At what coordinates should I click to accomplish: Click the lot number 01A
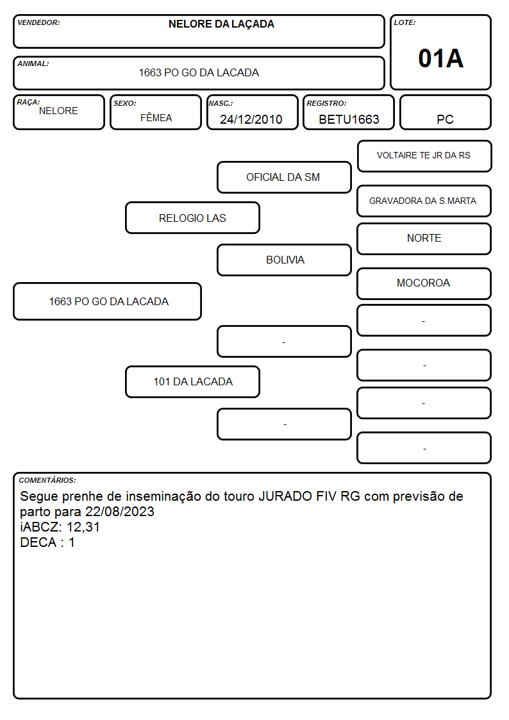click(x=440, y=59)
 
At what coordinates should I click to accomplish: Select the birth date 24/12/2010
click(x=251, y=119)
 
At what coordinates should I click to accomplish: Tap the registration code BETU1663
click(x=349, y=119)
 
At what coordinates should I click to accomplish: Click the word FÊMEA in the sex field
click(x=156, y=117)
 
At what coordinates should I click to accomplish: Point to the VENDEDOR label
click(x=38, y=22)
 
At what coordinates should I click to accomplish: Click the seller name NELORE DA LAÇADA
click(x=221, y=24)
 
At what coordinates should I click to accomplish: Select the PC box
click(x=445, y=112)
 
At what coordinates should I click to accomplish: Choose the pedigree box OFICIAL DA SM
click(x=284, y=177)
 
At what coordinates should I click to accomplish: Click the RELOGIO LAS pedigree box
click(x=192, y=217)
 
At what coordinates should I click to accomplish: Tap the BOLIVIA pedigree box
click(x=284, y=260)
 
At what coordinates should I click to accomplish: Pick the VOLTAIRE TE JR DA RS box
click(x=424, y=156)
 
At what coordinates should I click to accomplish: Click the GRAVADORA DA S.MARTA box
click(x=424, y=201)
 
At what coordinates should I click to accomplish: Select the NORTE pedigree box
click(x=424, y=239)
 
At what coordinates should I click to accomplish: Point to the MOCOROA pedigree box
click(x=424, y=284)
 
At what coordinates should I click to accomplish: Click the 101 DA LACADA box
click(x=192, y=381)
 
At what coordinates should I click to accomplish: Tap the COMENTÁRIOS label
click(x=47, y=480)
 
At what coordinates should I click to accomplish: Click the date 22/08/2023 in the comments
click(x=120, y=512)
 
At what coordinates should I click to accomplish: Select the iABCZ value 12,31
click(x=83, y=527)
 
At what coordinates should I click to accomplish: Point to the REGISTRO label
click(x=326, y=103)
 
